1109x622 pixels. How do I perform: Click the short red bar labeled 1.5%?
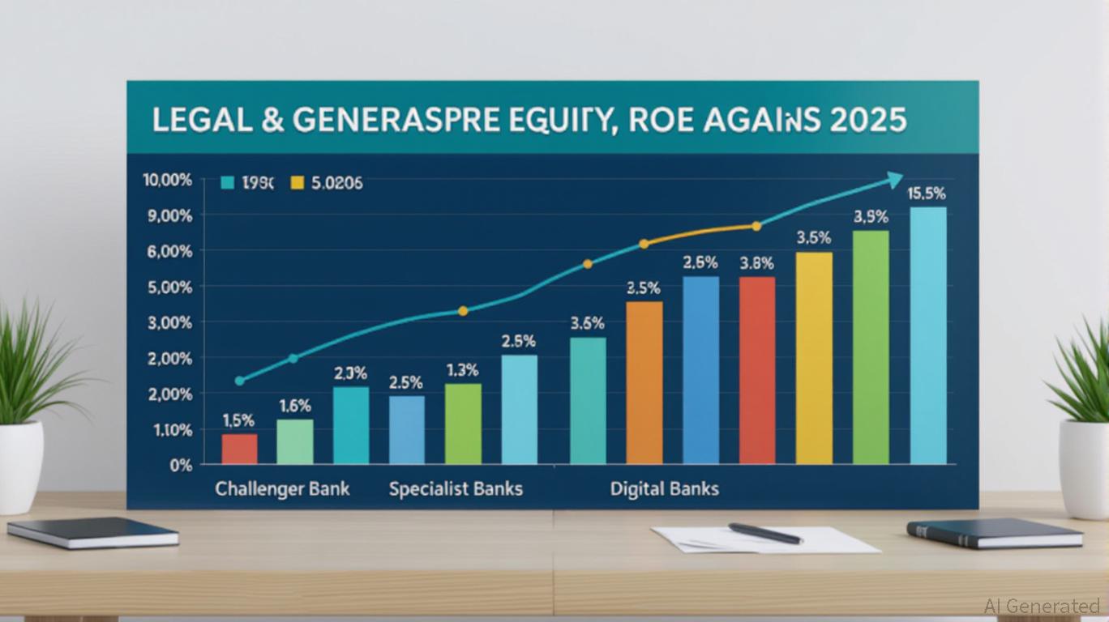point(240,449)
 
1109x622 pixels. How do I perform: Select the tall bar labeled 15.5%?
point(928,335)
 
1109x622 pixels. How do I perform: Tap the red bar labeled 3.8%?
point(757,370)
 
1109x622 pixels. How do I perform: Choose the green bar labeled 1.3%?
point(463,424)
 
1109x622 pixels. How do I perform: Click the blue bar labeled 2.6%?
point(700,370)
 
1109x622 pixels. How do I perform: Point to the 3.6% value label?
point(587,323)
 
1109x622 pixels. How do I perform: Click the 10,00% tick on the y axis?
point(168,181)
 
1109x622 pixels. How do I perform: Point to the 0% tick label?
point(180,466)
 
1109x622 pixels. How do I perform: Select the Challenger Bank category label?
point(282,489)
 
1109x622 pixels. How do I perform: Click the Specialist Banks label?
point(456,489)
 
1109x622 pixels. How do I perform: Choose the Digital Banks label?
point(665,489)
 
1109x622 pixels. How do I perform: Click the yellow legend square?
point(297,184)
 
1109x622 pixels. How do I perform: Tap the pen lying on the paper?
point(764,533)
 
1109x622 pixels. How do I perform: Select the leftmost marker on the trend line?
point(239,381)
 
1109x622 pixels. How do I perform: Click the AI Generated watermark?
point(1042,606)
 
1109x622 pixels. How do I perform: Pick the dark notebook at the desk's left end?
point(92,533)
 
